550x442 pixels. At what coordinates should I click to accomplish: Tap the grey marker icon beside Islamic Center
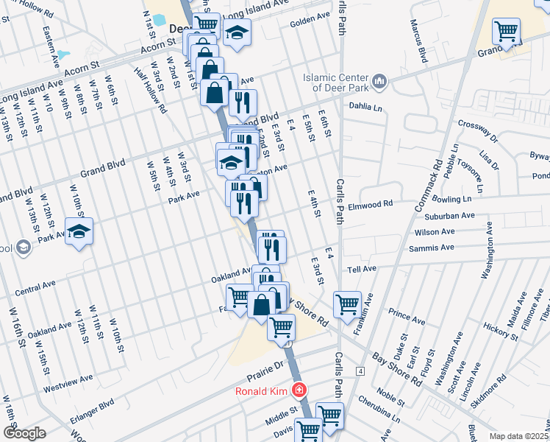click(379, 80)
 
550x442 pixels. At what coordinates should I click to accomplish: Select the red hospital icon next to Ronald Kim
click(299, 390)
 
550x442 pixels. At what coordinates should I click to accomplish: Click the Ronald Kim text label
click(261, 390)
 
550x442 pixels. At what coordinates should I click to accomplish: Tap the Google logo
click(24, 433)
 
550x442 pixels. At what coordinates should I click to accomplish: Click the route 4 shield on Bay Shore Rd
click(360, 370)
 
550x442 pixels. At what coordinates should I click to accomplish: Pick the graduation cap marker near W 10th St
click(78, 231)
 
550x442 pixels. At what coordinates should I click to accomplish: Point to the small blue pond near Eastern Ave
click(63, 55)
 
